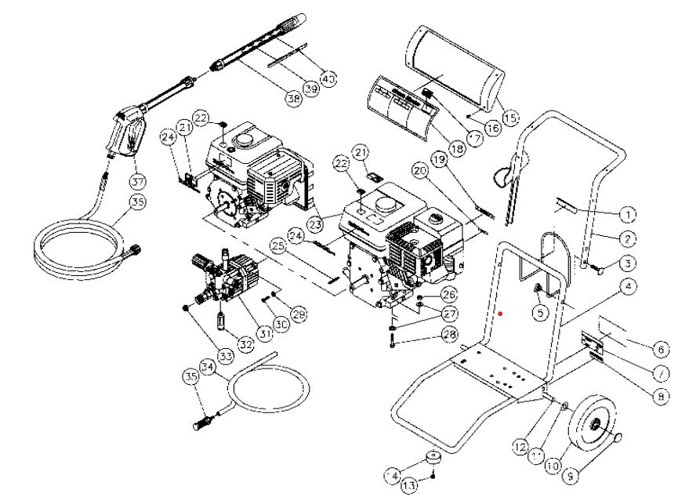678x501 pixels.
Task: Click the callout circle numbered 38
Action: coord(292,100)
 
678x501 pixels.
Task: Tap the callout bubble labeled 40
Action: coord(328,78)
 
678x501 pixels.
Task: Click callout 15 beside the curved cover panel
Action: coord(509,118)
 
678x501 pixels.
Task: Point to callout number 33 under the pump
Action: coord(226,357)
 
